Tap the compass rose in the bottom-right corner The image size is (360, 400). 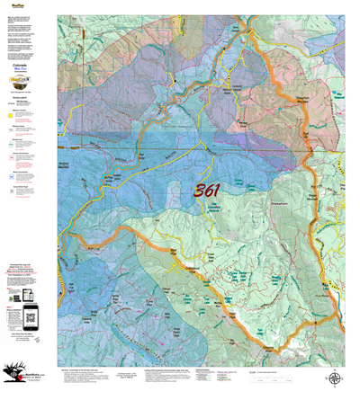pos(334,379)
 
